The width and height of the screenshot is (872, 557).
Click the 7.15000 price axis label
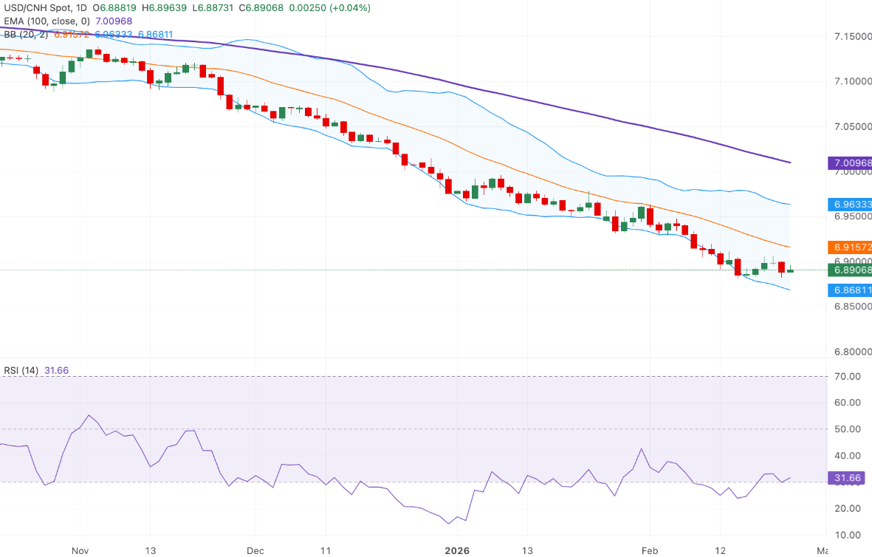pyautogui.click(x=852, y=36)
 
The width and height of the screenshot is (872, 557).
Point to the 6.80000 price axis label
pyautogui.click(x=852, y=352)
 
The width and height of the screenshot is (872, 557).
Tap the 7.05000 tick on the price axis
pyautogui.click(x=852, y=127)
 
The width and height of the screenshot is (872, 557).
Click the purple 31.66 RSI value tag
pyautogui.click(x=848, y=479)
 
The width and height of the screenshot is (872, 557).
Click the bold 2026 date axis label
pyautogui.click(x=456, y=550)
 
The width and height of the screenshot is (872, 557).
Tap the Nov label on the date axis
pyautogui.click(x=81, y=550)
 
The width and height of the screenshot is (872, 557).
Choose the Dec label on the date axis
pyautogui.click(x=255, y=550)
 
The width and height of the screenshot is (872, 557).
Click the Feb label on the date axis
pyautogui.click(x=650, y=550)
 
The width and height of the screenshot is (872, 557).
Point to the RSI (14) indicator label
pyautogui.click(x=21, y=370)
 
